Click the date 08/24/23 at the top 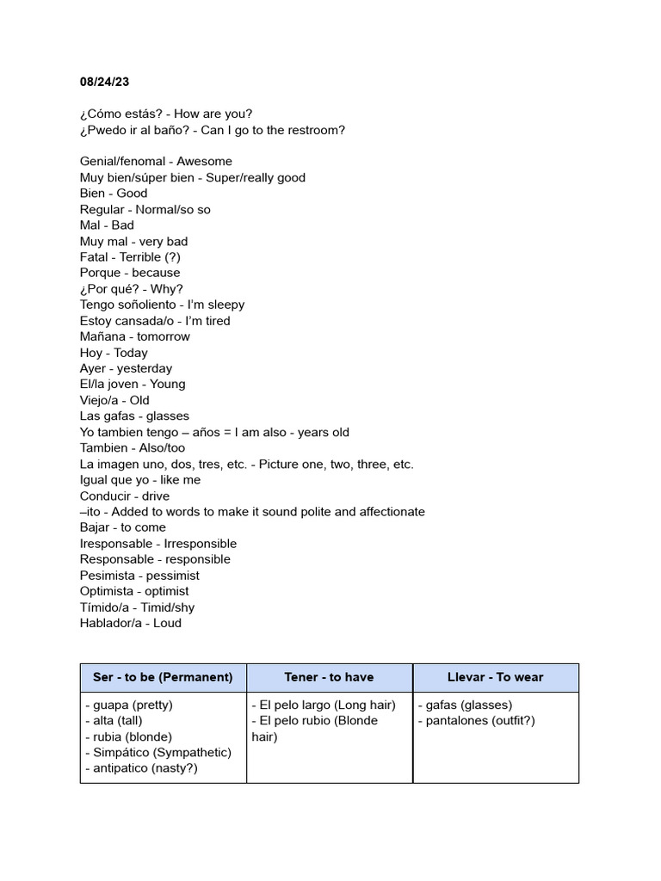coord(106,82)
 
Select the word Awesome coord(204,162)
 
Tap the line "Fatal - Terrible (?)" coord(130,257)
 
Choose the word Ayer coord(93,368)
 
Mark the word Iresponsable coord(116,544)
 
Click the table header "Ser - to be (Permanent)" coord(163,677)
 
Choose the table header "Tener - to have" coord(329,677)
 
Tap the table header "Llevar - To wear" coord(496,677)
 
